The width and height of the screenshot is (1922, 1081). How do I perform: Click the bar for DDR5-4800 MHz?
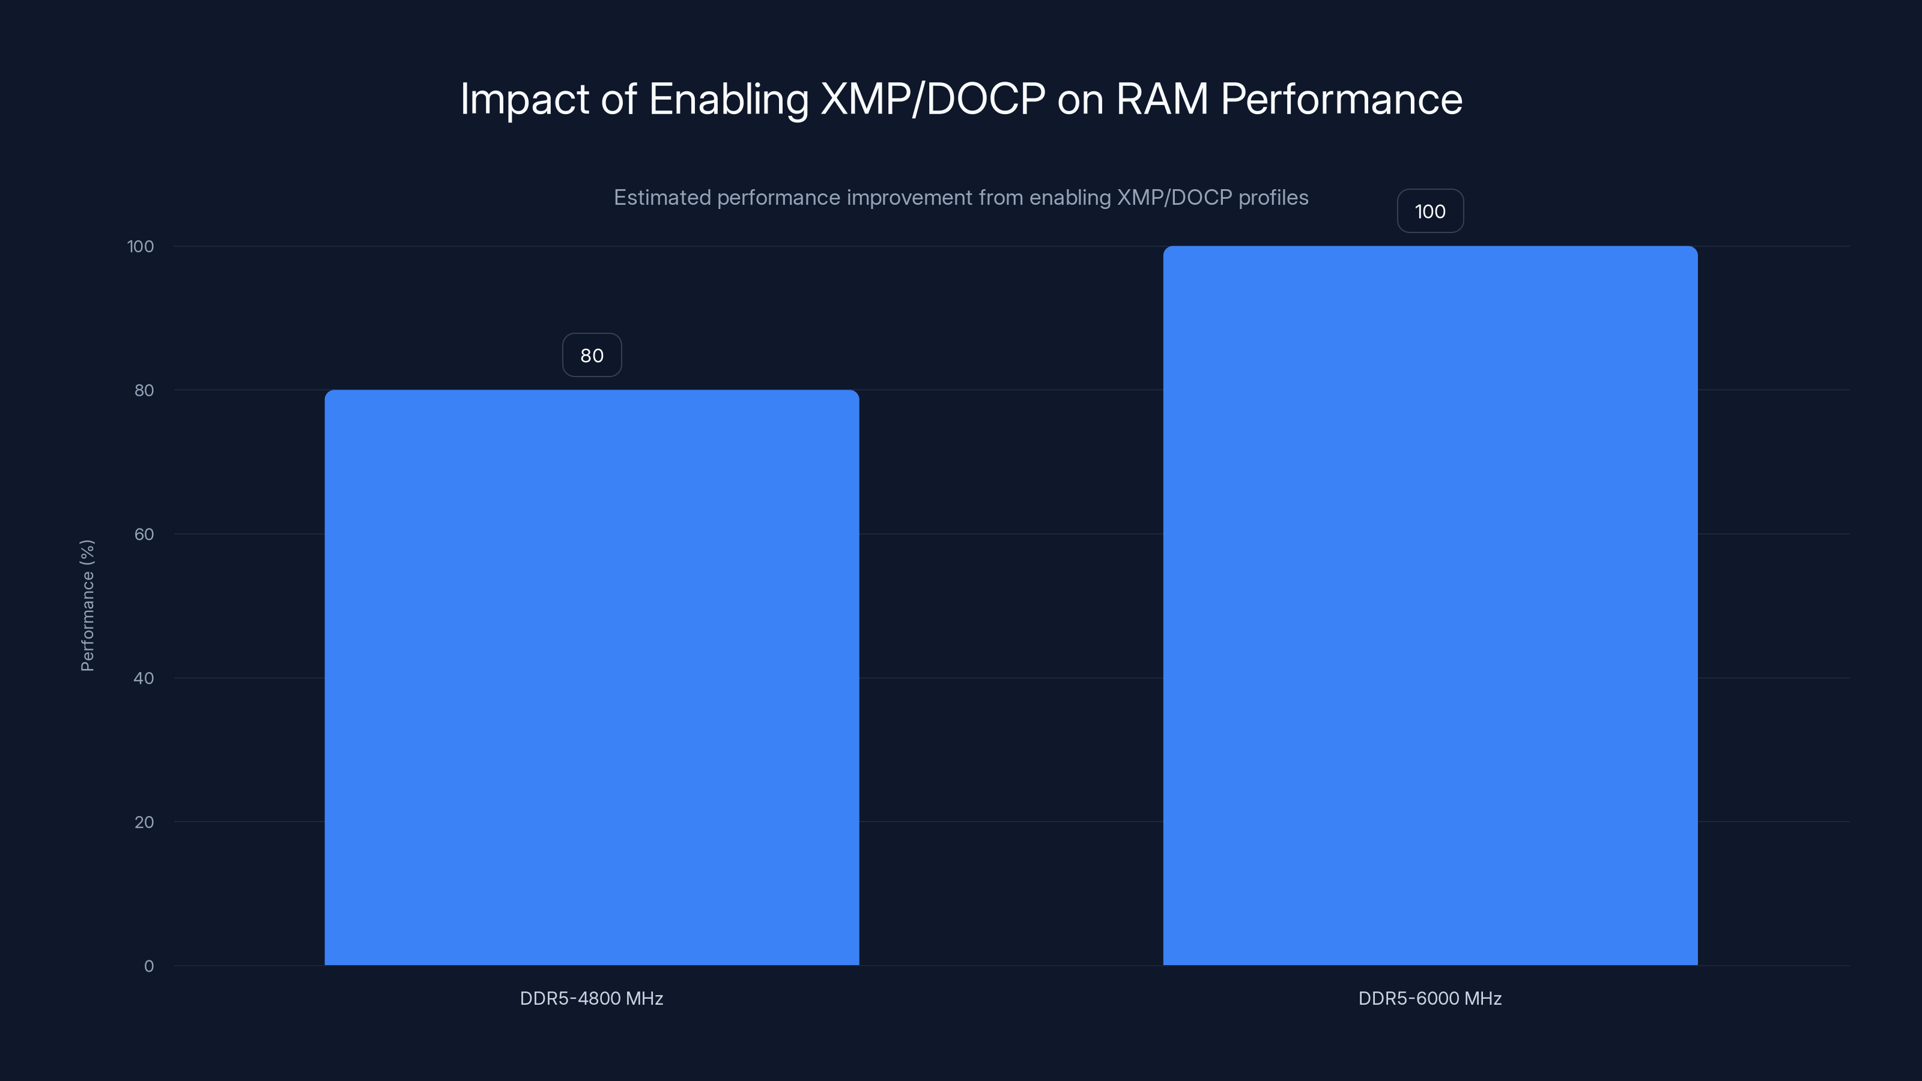click(x=592, y=677)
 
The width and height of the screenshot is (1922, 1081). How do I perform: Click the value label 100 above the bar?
click(x=1429, y=211)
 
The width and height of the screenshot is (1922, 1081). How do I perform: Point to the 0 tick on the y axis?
click(x=148, y=966)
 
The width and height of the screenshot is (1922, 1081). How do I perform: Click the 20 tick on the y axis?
click(x=144, y=822)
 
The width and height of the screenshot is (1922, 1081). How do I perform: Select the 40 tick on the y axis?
click(x=144, y=678)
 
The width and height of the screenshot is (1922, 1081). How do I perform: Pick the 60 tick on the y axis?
click(x=144, y=534)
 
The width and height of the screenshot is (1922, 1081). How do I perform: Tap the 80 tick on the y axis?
click(x=144, y=390)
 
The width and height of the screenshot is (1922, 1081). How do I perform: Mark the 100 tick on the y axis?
click(x=141, y=246)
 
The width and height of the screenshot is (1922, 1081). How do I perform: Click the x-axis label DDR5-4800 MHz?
click(x=591, y=998)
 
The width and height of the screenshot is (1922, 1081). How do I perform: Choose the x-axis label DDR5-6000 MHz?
click(x=1429, y=998)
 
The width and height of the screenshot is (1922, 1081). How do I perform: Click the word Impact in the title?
click(x=524, y=99)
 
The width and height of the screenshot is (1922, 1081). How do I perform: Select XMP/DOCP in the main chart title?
click(x=933, y=99)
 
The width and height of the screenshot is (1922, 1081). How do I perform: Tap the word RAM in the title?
click(x=1161, y=99)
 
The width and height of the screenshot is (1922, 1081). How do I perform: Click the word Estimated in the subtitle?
click(x=662, y=198)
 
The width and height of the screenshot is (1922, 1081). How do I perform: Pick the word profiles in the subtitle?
click(x=1273, y=198)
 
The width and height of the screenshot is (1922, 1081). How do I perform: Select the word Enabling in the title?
click(x=728, y=99)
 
